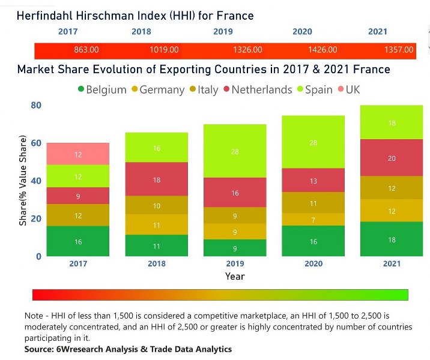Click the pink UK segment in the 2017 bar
tap(78, 154)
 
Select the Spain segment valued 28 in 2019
tap(235, 151)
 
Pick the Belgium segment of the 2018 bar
tap(156, 245)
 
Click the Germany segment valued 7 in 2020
tap(313, 220)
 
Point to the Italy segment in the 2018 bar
tap(156, 205)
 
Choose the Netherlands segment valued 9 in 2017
tap(78, 196)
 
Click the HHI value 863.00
tap(86, 50)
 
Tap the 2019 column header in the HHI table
tap(223, 32)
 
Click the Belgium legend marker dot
tap(81, 90)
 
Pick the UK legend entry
tap(348, 90)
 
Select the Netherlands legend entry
tap(258, 90)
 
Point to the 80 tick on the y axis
tap(35, 106)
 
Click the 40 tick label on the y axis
tap(35, 181)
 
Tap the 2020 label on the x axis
tap(313, 263)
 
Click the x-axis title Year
tap(235, 277)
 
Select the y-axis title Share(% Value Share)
tap(23, 181)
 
